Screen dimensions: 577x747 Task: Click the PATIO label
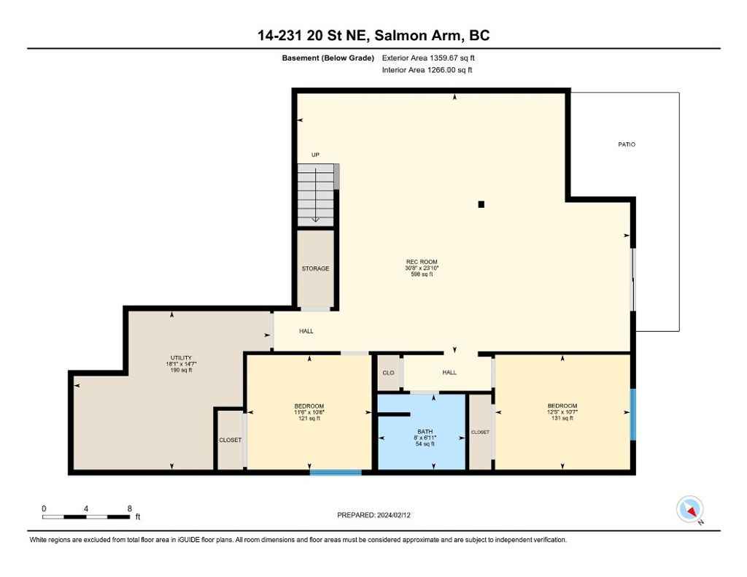point(627,144)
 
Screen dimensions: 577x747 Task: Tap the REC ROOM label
point(422,262)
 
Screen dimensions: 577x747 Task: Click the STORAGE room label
point(315,268)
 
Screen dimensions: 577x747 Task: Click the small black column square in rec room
point(481,204)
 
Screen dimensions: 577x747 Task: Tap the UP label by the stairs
point(315,155)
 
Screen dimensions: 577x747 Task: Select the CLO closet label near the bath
point(388,373)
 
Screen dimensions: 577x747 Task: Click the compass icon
point(689,508)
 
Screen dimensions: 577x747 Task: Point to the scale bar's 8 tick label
point(129,508)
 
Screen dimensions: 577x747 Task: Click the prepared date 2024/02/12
point(379,515)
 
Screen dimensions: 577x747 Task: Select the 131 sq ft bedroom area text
point(562,418)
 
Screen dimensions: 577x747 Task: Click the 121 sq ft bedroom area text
point(309,418)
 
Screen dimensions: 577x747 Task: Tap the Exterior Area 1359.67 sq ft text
point(429,58)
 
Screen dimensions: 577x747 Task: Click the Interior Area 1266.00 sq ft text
point(427,70)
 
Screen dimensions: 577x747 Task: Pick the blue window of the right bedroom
point(632,414)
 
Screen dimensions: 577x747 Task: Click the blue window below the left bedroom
point(336,473)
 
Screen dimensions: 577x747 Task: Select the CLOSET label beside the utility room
point(231,440)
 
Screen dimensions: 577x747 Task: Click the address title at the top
point(373,36)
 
